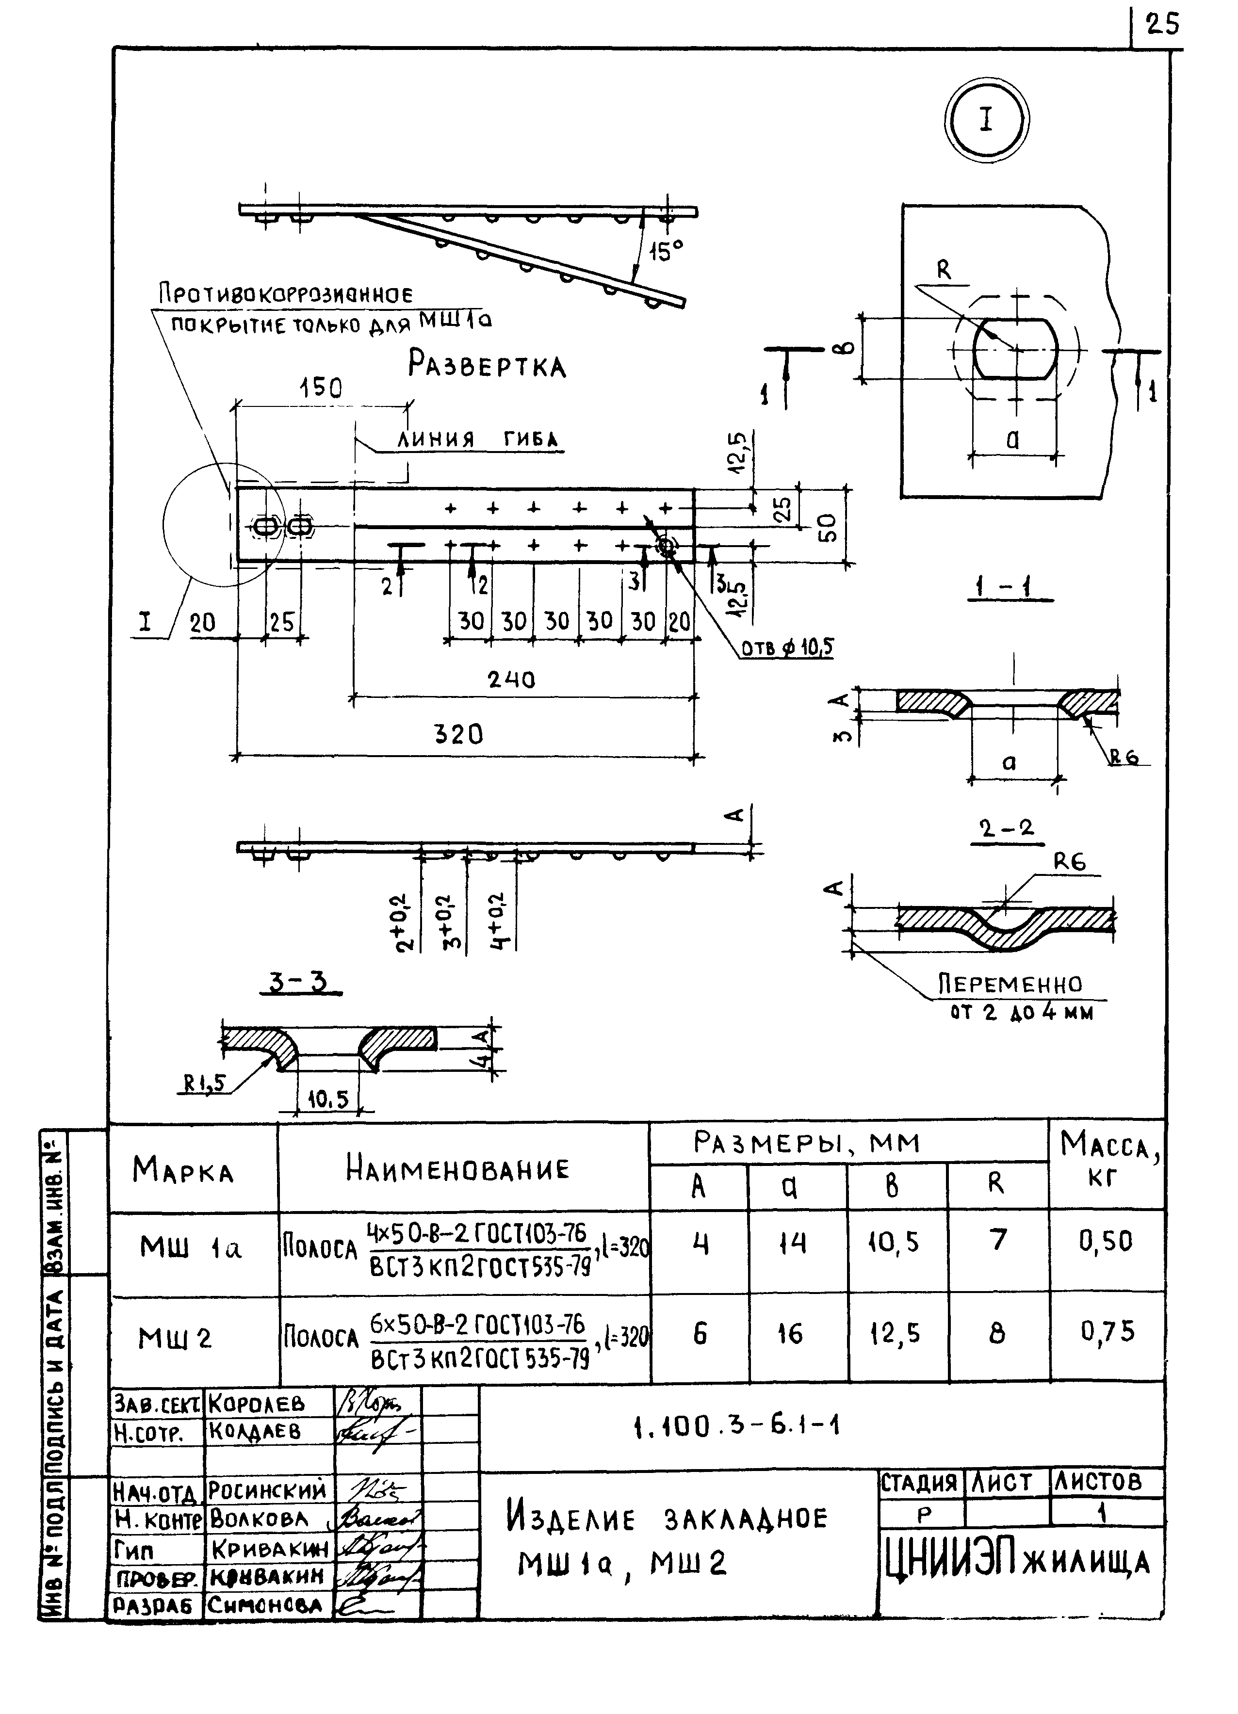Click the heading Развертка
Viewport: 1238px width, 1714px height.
click(487, 365)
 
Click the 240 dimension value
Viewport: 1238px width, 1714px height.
click(511, 679)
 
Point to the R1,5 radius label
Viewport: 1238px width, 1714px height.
click(205, 1083)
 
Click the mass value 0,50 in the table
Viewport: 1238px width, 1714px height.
click(1106, 1242)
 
